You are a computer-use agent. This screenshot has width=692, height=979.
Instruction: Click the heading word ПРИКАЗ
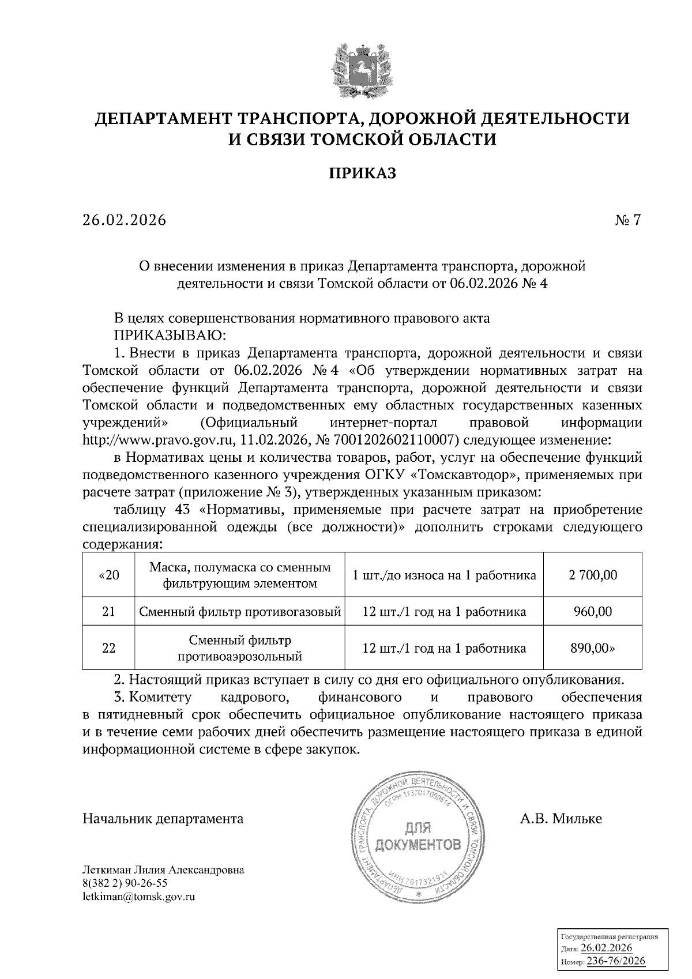362,173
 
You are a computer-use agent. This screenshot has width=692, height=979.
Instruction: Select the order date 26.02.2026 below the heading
124,220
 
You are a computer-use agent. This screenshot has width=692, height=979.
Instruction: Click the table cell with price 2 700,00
592,575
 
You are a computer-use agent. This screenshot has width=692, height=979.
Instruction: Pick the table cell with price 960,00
592,611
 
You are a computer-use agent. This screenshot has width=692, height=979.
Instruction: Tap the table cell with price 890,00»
592,648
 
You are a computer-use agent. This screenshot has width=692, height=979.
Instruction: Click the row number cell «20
108,575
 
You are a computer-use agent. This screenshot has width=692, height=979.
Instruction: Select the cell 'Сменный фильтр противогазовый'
239,611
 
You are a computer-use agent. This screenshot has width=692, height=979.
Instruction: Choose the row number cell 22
108,648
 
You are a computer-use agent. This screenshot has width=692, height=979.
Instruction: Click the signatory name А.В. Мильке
561,819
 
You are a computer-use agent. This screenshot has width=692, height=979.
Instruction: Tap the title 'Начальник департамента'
163,819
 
